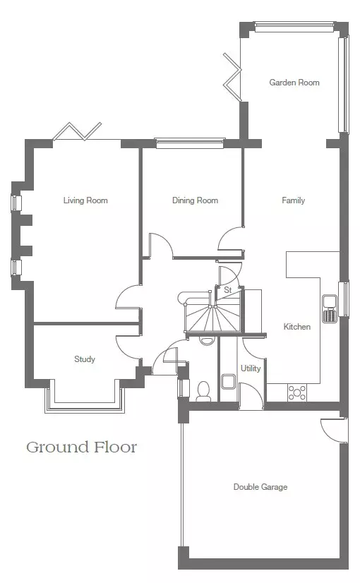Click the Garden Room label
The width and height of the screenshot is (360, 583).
[294, 82]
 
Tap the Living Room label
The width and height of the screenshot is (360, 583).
[85, 200]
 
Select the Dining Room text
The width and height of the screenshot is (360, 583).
[195, 200]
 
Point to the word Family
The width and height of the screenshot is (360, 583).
[293, 200]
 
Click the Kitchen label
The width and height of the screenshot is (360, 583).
[296, 327]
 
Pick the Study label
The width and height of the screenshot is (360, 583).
[85, 359]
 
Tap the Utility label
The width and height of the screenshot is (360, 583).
[251, 368]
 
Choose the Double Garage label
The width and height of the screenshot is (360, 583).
[260, 487]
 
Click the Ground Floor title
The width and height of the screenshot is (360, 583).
[81, 447]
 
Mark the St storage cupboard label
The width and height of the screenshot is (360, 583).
[227, 289]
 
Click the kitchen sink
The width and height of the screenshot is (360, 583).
[330, 308]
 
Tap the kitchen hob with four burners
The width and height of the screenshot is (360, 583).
[297, 392]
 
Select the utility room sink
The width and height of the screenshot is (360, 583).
[228, 381]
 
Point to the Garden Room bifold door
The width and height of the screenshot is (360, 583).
[233, 77]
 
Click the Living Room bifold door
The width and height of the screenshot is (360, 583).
[77, 131]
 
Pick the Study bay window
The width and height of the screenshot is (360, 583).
[85, 405]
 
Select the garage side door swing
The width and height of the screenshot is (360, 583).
[334, 430]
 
